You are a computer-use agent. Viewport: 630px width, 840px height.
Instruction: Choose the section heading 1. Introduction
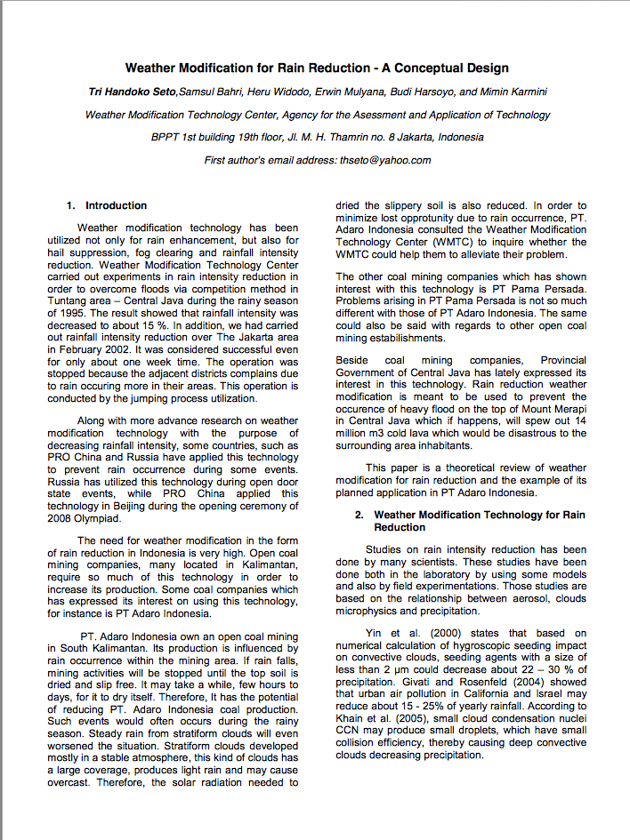click(x=108, y=205)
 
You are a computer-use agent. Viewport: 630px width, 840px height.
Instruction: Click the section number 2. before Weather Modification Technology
click(x=360, y=515)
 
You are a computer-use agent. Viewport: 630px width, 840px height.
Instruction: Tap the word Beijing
click(x=131, y=506)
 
